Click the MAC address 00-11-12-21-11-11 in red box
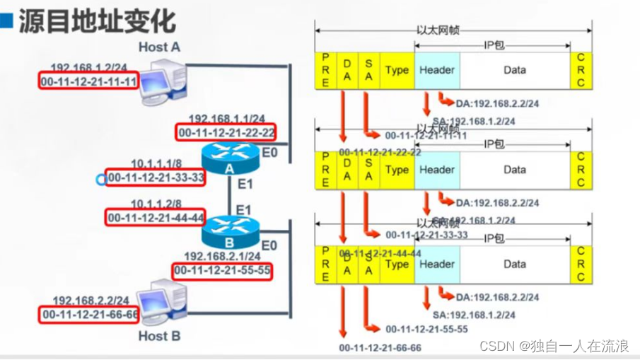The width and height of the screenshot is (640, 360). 89,81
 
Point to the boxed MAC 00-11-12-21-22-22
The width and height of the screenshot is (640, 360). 226,132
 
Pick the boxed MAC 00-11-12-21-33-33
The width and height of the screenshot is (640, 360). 156,178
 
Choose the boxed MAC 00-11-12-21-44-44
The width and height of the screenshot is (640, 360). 156,217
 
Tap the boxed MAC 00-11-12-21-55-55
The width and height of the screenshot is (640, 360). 223,270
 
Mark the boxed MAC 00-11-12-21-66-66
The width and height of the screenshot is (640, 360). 89,313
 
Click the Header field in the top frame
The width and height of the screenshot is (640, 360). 437,70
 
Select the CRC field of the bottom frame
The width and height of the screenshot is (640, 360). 581,264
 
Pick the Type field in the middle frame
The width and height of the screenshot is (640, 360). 397,170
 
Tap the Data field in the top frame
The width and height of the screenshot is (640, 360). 515,70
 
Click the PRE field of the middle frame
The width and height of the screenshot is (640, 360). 325,170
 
